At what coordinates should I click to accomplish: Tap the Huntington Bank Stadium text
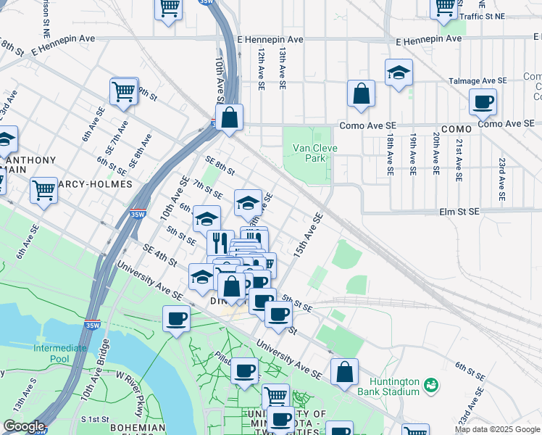393,386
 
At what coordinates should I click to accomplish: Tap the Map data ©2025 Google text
497,430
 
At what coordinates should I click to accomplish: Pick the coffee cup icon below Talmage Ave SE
483,102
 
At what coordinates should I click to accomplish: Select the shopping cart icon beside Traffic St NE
444,9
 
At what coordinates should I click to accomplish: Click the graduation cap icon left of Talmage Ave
398,73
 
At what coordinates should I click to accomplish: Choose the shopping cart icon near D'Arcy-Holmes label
43,191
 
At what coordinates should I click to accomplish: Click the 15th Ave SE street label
307,233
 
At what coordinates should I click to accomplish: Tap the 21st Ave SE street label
458,155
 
